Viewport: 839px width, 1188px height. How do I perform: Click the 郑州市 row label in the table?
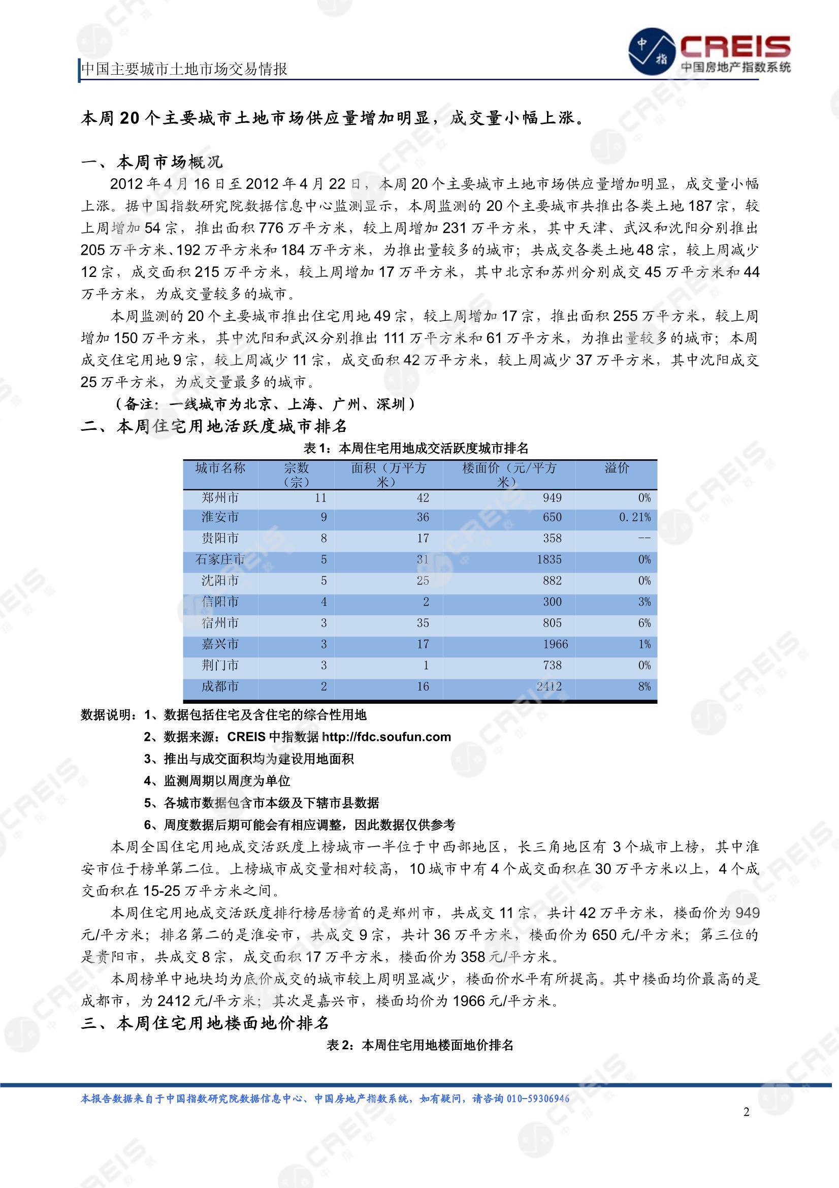[x=220, y=498]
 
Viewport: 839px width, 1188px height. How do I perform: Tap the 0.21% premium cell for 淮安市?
[x=635, y=517]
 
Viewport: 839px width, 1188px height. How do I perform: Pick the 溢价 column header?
[x=617, y=468]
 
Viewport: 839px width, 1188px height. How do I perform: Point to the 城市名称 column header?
[x=220, y=468]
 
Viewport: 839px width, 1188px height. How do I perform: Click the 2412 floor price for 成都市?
[x=548, y=686]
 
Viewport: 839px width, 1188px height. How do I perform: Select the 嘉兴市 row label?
[x=220, y=644]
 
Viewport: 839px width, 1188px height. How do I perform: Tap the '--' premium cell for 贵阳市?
[x=644, y=538]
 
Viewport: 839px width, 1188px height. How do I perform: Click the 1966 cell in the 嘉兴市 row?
[x=555, y=644]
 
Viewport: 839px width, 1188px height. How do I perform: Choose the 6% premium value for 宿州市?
[x=644, y=623]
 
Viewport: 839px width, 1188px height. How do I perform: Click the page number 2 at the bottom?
[x=746, y=1112]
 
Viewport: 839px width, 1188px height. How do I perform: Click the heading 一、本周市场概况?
[x=152, y=163]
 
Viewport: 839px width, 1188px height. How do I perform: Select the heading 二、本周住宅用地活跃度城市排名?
[x=214, y=426]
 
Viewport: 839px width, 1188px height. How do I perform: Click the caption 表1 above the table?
[x=416, y=448]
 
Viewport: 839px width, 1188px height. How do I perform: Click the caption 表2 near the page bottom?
[x=419, y=1045]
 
